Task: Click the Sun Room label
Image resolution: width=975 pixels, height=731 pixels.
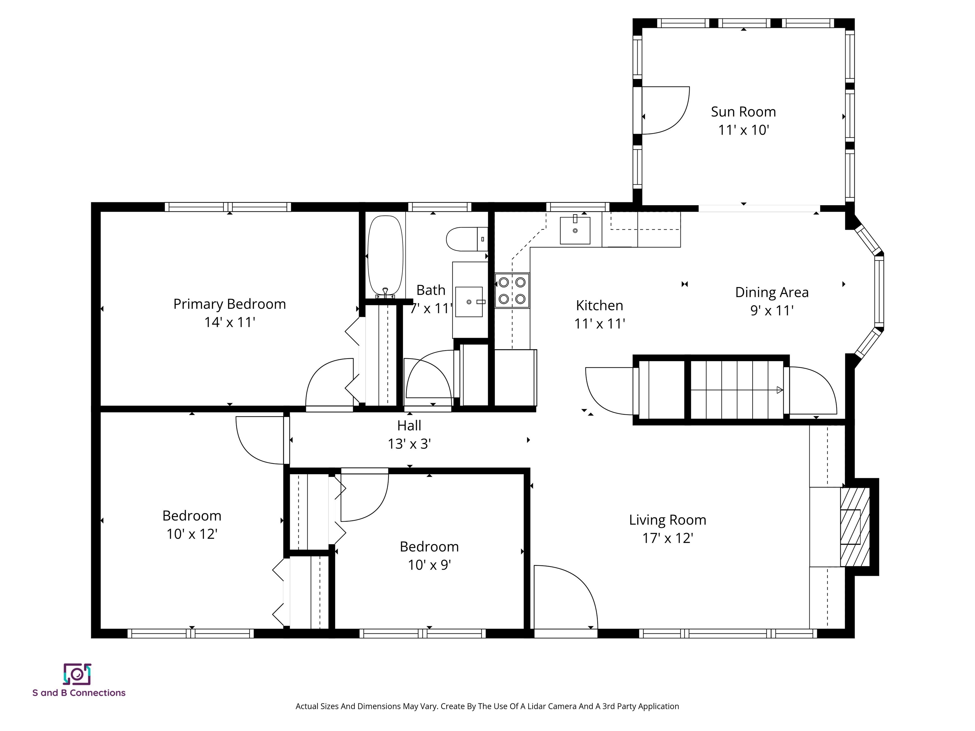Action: click(x=743, y=112)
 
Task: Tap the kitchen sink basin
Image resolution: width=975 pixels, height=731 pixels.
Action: click(x=575, y=230)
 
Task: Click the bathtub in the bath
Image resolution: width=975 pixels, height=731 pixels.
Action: click(x=385, y=255)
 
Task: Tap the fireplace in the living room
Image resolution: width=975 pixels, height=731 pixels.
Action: click(x=854, y=527)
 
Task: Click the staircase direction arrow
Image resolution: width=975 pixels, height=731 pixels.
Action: click(x=779, y=390)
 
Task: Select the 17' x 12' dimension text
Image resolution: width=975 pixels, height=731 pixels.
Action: click(x=668, y=538)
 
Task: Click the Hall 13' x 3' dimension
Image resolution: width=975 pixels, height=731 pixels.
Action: click(x=409, y=444)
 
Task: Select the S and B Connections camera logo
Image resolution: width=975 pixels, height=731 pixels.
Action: click(x=77, y=674)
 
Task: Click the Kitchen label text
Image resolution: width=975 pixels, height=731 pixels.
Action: click(x=600, y=305)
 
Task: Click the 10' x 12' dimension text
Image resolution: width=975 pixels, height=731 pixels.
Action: click(x=192, y=534)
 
